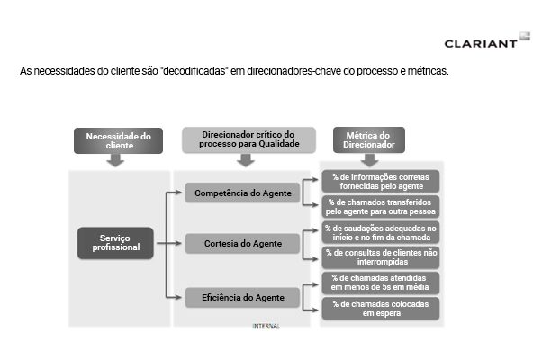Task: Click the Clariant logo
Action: point(487,40)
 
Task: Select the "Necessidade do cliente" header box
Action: point(118,141)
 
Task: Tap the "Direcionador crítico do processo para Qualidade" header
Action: point(248,139)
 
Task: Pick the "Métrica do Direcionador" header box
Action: point(369,139)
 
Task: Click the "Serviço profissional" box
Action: point(115,243)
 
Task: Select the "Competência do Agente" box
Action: point(243,193)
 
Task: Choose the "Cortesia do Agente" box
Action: point(243,244)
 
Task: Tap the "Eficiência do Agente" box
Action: point(243,298)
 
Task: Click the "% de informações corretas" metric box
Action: point(381,182)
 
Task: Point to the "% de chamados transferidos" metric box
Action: point(381,207)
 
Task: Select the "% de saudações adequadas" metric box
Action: point(381,232)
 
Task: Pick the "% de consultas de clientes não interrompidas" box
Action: point(381,257)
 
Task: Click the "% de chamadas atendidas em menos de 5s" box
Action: point(381,283)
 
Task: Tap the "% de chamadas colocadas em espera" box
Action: point(381,309)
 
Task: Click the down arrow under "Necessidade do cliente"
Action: point(115,160)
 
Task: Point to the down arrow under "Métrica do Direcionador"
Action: point(369,160)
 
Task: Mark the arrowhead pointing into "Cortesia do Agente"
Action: point(178,243)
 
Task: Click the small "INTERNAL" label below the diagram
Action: point(266,326)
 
